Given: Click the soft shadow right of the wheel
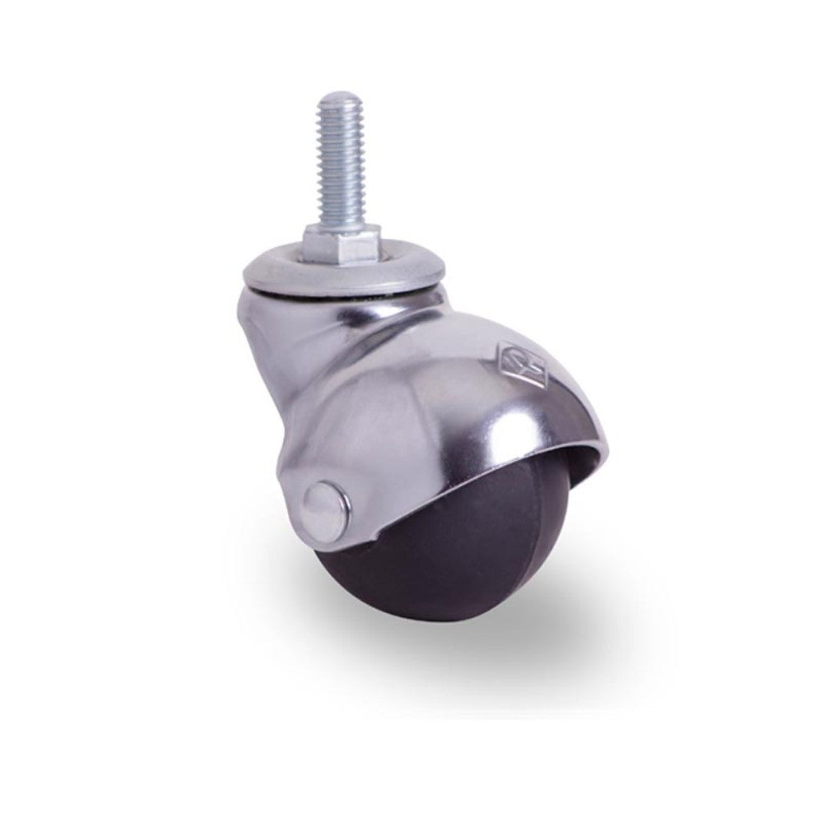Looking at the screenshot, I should tap(576, 617).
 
